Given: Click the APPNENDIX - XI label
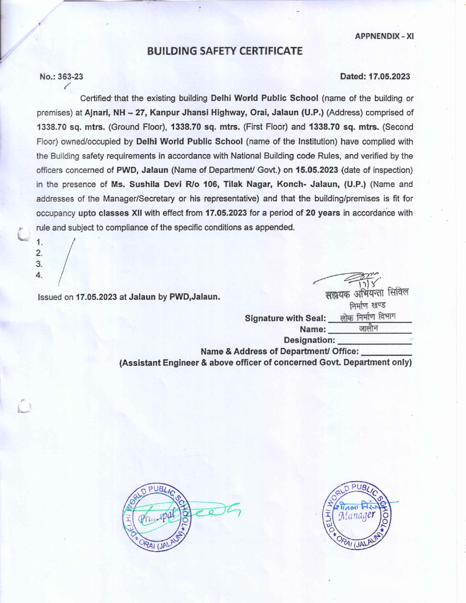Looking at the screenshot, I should (x=384, y=36).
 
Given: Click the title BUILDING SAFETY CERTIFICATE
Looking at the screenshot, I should (x=225, y=51).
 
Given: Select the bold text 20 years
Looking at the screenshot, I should (x=323, y=213).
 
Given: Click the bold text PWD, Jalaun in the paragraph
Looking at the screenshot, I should (x=142, y=170).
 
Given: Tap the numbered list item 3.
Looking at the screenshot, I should (x=39, y=264).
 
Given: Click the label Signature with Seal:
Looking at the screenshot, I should (x=285, y=318).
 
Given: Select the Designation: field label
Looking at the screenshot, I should (x=309, y=340).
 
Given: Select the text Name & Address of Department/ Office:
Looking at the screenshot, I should (x=279, y=352).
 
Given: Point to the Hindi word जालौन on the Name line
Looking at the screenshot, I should (x=368, y=329).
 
